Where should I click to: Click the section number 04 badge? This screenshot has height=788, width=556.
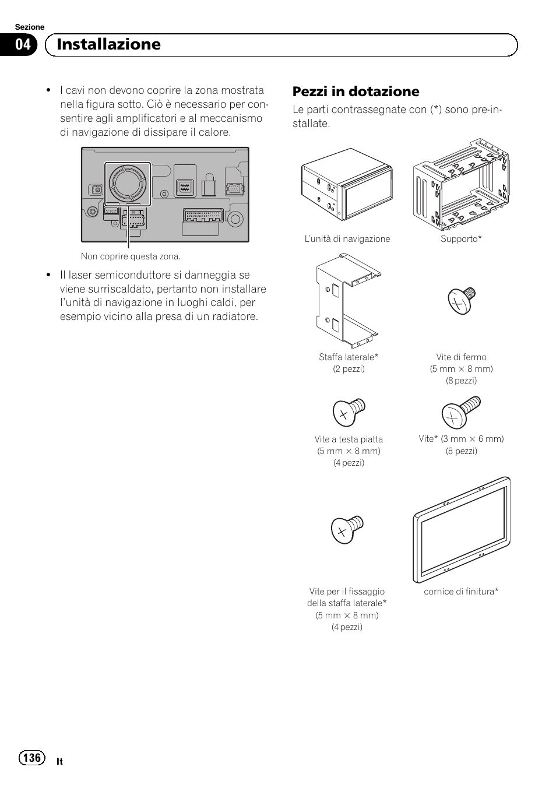23,45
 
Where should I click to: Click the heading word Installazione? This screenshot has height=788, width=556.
109,45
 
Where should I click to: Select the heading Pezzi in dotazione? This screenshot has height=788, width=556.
356,92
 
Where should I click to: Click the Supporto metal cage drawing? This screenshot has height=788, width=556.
460,184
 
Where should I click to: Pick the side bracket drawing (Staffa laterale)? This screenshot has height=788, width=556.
348,300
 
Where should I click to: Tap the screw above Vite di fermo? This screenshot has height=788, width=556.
462,300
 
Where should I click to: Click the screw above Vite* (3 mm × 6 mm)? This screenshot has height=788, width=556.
461,412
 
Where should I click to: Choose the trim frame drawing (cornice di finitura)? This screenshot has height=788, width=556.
461,530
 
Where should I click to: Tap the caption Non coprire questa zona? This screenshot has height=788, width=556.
131,256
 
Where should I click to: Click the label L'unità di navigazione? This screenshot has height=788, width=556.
347,239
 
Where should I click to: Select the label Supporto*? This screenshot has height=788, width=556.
461,239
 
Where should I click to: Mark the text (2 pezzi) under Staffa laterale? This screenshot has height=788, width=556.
349,369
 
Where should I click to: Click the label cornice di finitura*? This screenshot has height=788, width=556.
461,592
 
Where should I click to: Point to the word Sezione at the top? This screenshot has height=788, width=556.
29,27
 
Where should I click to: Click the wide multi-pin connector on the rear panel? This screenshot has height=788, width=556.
203,216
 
